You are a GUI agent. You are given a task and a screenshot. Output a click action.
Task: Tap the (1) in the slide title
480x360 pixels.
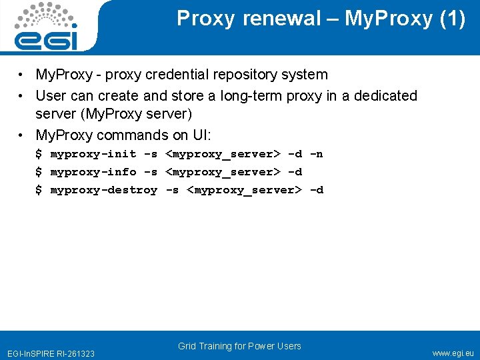coord(453,19)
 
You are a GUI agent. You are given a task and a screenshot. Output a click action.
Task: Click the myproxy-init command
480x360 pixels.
coord(93,155)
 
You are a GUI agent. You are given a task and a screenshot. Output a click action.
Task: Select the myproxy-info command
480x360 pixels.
coord(93,172)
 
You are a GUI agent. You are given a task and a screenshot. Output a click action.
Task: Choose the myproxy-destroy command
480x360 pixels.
coord(104,190)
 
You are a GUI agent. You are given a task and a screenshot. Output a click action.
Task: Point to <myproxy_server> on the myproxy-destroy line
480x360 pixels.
coord(245,190)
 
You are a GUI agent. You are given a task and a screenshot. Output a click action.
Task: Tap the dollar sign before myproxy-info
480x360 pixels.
coord(39,172)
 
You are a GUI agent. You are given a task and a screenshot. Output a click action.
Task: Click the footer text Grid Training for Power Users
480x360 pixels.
coord(239,346)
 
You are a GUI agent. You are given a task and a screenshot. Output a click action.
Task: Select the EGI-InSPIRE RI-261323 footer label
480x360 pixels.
coord(51,353)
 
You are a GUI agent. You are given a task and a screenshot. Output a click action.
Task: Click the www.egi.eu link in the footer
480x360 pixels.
coord(453,353)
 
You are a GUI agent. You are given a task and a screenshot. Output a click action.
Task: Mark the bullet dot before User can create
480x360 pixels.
coord(23,96)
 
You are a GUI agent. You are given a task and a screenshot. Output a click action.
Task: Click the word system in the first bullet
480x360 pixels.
coord(305,75)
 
